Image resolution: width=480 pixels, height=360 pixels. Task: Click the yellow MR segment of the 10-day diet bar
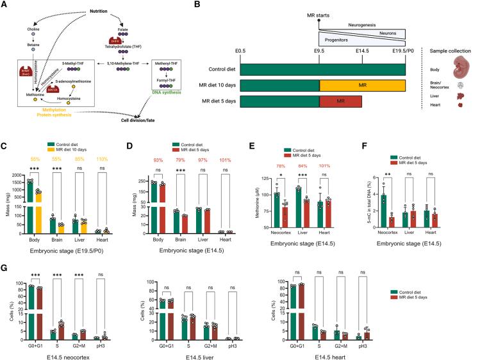[362, 85]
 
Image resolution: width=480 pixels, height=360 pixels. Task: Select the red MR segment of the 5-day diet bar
[341, 101]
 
